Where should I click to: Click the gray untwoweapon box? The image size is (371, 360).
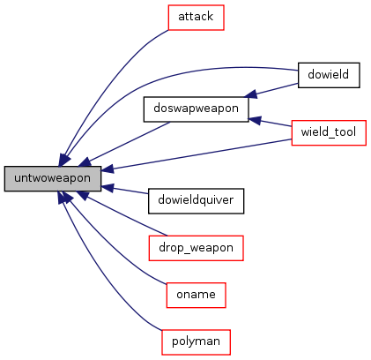53,178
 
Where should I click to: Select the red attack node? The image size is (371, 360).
196,18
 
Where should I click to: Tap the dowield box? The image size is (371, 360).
329,75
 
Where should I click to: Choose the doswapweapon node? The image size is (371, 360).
196,109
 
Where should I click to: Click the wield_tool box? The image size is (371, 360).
329,132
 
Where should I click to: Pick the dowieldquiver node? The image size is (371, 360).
196,201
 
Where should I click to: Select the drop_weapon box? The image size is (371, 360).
196,248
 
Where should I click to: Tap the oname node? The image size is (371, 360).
196,295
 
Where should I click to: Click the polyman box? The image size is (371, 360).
196,342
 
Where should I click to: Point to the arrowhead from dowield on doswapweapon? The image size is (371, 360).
250,94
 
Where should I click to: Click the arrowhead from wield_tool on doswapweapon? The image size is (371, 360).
255,121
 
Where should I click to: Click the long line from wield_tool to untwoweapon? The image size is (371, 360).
197,154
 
